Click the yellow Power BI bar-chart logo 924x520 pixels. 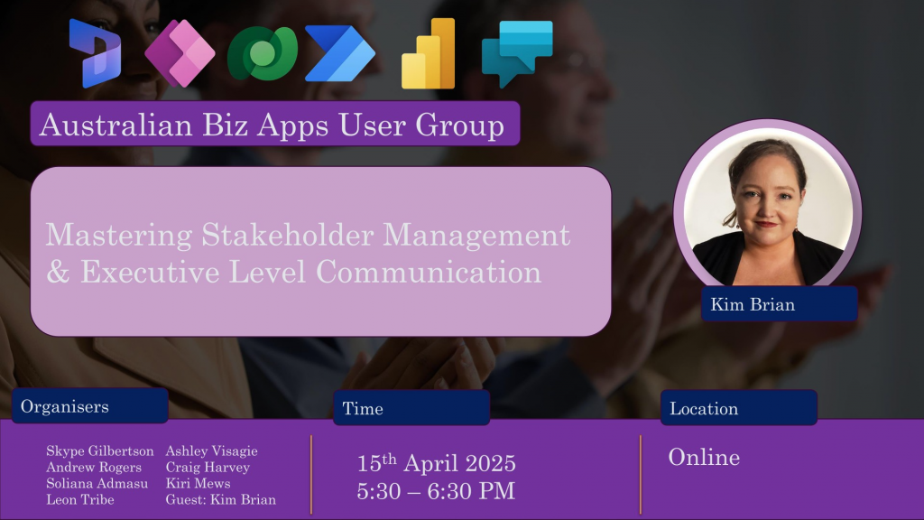coord(429,53)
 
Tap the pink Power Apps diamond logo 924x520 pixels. coord(180,53)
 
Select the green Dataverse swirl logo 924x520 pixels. coord(263,53)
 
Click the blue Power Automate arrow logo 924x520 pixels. coord(340,53)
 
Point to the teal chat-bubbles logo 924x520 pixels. coord(517,53)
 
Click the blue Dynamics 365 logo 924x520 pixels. coord(95,53)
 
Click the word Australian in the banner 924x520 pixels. coord(116,125)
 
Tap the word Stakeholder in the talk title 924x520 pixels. coord(288,235)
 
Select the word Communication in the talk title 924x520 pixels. coord(429,272)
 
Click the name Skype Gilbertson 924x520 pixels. coord(99,451)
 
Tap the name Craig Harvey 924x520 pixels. coord(208,468)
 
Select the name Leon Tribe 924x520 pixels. coord(80,500)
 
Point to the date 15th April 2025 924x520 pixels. coord(436,463)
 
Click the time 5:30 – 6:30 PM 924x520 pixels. coord(436,490)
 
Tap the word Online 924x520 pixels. coord(704,458)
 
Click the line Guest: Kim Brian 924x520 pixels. coord(220,500)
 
